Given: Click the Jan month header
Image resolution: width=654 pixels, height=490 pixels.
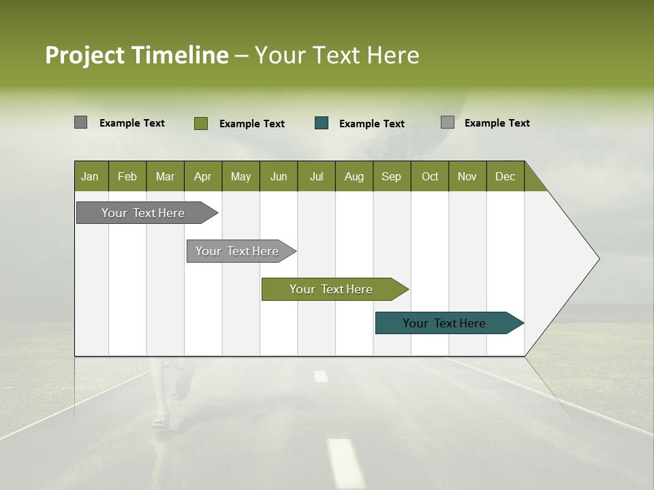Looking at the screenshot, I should [90, 176].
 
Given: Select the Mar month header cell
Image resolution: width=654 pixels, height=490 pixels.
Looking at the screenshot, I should [165, 176].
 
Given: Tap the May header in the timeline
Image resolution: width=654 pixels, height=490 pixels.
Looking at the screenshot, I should [240, 176].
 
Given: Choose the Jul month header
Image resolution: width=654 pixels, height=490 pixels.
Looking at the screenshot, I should [316, 176].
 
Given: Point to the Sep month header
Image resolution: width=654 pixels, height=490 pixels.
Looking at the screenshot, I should [391, 176].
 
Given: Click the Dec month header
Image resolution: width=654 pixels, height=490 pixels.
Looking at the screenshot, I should [505, 176].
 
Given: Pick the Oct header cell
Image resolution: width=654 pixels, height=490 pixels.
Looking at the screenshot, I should [430, 176].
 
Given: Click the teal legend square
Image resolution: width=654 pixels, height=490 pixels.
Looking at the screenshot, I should [322, 123].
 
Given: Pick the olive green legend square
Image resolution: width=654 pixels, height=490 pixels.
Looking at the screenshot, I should [201, 123].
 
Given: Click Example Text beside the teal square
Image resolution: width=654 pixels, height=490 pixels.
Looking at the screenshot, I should [371, 124].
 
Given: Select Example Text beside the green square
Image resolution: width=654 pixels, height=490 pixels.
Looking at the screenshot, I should [251, 124].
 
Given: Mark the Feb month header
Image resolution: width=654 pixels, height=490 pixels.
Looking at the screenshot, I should [127, 176].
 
